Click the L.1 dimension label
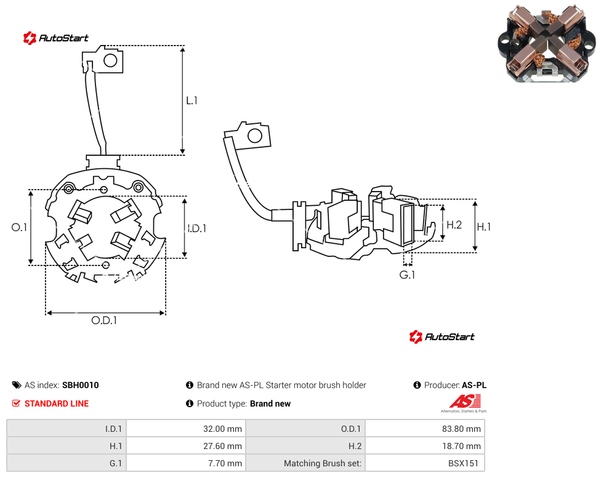192,100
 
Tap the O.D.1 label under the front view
104,320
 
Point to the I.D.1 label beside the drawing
197,229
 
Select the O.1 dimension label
19,227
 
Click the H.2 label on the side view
454,225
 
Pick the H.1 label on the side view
484,227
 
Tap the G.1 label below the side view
407,275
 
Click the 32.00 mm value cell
187,429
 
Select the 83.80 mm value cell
425,429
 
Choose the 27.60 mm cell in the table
187,446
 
